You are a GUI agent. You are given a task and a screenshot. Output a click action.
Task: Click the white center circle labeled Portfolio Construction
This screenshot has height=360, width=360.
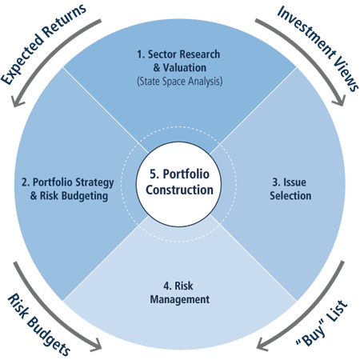click(x=178, y=184)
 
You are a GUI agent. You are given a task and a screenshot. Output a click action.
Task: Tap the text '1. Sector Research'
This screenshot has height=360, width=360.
click(x=178, y=54)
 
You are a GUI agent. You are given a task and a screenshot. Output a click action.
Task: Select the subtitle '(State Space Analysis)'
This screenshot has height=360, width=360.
click(x=180, y=81)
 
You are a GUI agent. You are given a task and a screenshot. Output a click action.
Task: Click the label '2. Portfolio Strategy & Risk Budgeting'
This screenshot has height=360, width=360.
click(x=68, y=189)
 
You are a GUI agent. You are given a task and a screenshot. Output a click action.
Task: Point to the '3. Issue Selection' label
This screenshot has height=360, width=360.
click(x=290, y=189)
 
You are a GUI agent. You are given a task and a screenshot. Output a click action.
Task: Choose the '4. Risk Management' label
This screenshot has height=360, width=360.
click(x=179, y=293)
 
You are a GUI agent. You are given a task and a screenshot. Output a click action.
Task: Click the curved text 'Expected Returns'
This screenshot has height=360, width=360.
click(x=42, y=44)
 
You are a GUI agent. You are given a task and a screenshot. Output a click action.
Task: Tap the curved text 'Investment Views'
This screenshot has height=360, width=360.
click(x=318, y=48)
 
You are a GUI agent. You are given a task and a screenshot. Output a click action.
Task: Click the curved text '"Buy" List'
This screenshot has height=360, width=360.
click(x=322, y=323)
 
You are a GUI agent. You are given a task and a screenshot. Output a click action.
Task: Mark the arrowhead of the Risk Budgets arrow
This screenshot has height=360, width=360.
click(x=97, y=345)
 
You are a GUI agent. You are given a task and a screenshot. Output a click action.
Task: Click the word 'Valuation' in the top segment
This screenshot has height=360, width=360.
click(x=185, y=67)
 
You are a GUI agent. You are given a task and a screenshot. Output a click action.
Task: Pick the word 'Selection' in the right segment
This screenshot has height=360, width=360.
click(x=290, y=195)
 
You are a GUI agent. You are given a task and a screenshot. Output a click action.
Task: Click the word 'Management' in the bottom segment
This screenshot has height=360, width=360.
click(x=180, y=299)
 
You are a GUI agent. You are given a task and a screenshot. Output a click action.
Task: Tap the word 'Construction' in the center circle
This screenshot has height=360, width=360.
click(x=179, y=190)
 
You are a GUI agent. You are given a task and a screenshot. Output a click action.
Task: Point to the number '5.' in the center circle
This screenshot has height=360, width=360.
click(x=154, y=174)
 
